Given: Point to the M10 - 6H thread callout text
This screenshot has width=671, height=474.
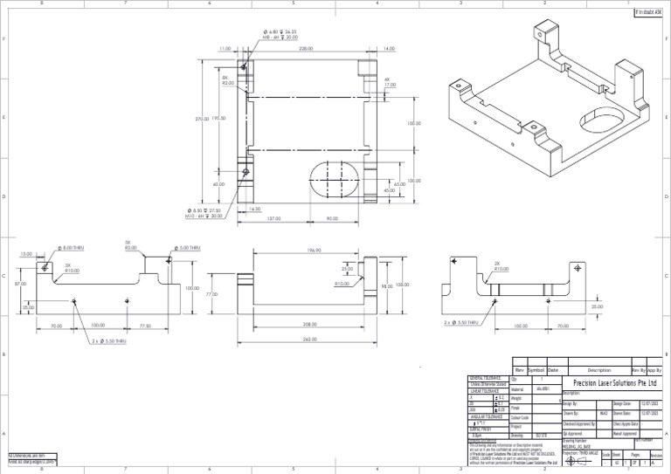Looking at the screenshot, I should [204, 216].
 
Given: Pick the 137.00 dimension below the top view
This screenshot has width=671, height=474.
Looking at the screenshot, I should [273, 218].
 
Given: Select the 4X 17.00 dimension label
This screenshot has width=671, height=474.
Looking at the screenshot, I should [390, 82].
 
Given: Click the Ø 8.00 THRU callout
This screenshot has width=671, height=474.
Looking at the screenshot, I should [73, 249].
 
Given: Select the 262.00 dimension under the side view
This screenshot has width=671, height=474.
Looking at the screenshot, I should [309, 339].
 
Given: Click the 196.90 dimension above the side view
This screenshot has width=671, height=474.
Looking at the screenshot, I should [314, 250].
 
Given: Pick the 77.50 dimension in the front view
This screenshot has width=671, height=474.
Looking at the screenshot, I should [145, 326].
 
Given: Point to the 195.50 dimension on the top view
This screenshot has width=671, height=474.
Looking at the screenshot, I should [218, 118].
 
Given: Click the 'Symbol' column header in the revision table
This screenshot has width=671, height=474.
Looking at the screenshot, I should [535, 370].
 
